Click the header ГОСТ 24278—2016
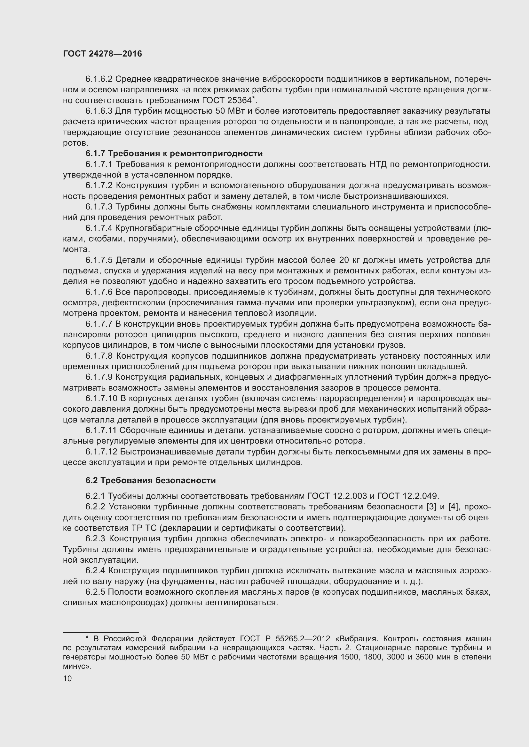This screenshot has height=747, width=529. (102, 54)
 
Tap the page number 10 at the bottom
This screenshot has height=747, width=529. (67, 679)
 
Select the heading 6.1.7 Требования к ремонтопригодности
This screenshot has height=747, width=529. (174, 153)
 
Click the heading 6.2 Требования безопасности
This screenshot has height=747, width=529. (151, 481)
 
